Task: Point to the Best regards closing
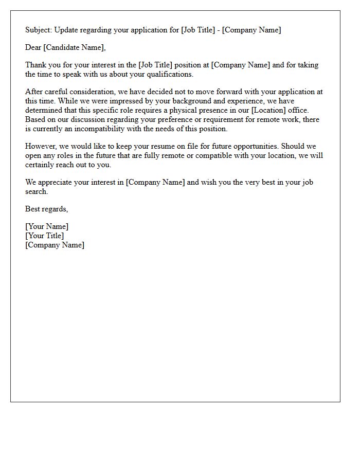[x=46, y=209]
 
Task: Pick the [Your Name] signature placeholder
[x=47, y=226]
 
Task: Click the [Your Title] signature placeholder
[x=45, y=236]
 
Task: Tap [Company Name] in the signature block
[x=55, y=245]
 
